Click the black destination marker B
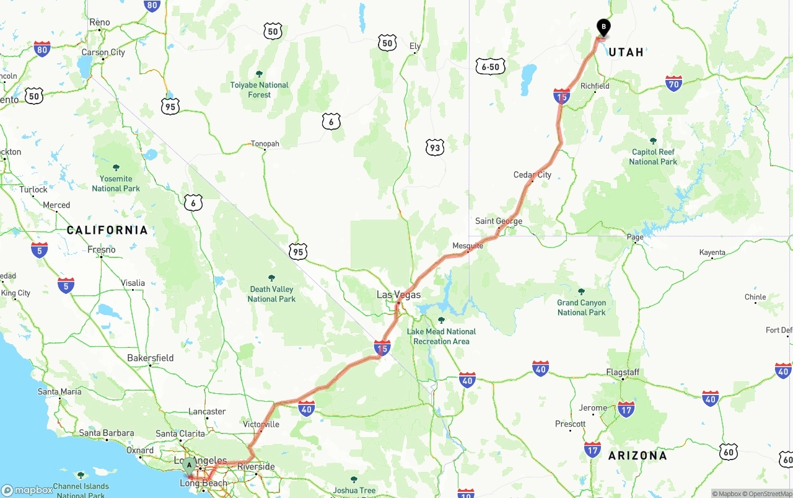pos(603,27)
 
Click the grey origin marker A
pos(189,465)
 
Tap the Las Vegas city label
pos(398,295)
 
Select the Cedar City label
pos(532,175)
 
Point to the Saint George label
pos(499,221)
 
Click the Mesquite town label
pos(468,246)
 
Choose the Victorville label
pos(261,424)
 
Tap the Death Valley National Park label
pos(271,293)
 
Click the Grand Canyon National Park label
pos(581,307)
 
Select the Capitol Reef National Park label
pos(653,156)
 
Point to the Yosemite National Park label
pos(116,183)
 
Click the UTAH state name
pos(626,52)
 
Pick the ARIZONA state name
pos(637,455)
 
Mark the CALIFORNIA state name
pos(107,230)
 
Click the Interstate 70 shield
pos(674,83)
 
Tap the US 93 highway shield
pos(435,147)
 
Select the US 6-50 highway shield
pos(491,66)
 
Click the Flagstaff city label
pos(623,372)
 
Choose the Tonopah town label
pos(265,144)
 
